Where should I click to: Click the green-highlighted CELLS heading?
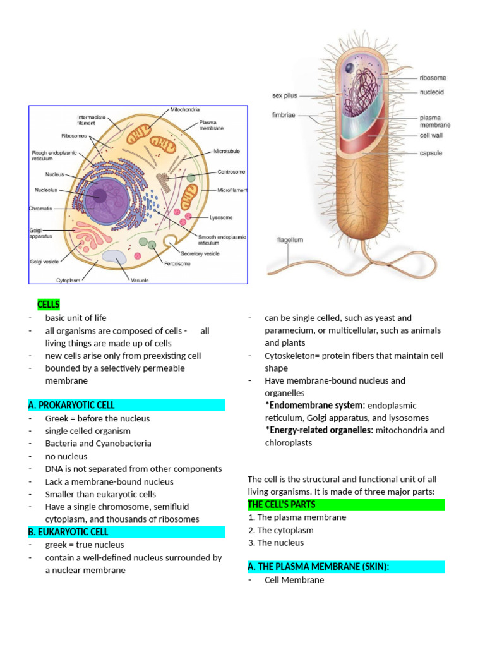coord(49,305)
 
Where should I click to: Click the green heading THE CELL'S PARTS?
coord(282,504)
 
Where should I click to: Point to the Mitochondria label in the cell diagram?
coord(184,109)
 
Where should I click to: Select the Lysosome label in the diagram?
coord(221,217)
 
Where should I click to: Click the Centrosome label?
coord(232,172)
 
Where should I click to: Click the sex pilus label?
coord(285,96)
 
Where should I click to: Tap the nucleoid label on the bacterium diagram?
coord(432,91)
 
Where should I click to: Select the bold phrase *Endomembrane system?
coord(314,405)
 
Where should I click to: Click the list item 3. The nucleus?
coord(276,543)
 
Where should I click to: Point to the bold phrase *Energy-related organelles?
coord(319,430)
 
